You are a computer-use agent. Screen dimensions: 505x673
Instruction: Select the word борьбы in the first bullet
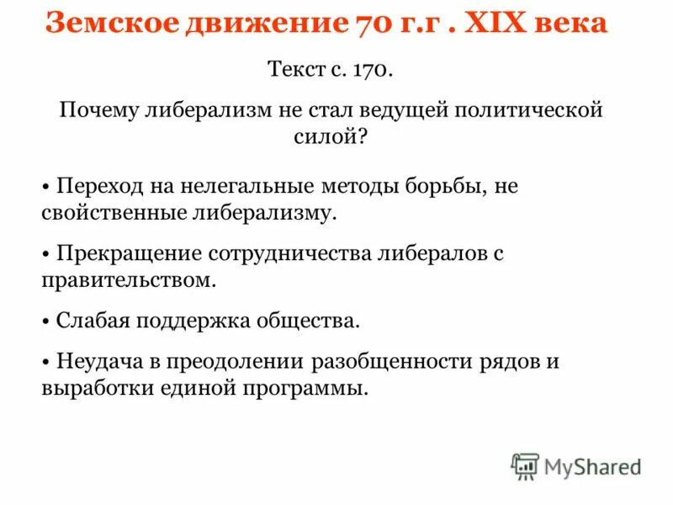pyautogui.click(x=442, y=186)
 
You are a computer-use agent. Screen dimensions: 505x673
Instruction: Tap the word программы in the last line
pyautogui.click(x=315, y=389)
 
